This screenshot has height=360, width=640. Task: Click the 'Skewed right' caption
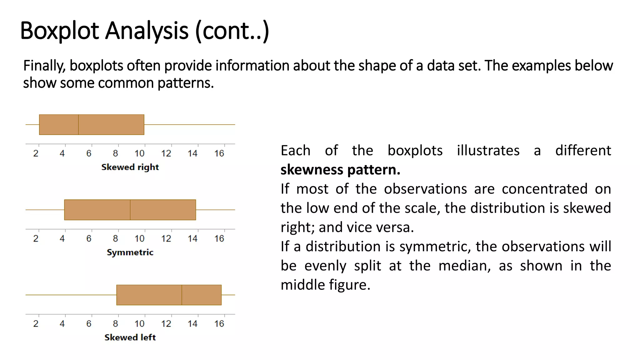tap(130, 167)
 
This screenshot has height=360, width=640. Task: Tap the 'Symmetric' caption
tap(130, 252)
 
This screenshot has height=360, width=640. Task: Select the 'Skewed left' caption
tap(130, 337)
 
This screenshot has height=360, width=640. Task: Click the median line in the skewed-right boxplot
tap(78, 125)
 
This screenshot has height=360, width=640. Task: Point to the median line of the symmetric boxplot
tap(130, 210)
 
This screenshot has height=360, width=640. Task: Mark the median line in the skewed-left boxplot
tap(182, 295)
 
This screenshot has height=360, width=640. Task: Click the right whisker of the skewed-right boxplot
tap(189, 125)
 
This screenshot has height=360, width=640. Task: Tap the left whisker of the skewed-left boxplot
tap(71, 295)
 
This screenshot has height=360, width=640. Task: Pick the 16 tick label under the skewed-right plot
tap(219, 153)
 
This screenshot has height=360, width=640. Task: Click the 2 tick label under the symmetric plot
tap(36, 238)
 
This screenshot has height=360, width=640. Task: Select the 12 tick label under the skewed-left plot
tap(166, 323)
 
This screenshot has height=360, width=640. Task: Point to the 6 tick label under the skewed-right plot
tap(89, 153)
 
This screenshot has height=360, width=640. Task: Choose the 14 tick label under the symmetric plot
tap(192, 238)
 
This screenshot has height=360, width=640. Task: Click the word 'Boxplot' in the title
tap(60, 31)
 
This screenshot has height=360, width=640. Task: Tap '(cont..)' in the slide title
tap(232, 31)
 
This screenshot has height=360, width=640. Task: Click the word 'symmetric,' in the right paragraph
tap(435, 246)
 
